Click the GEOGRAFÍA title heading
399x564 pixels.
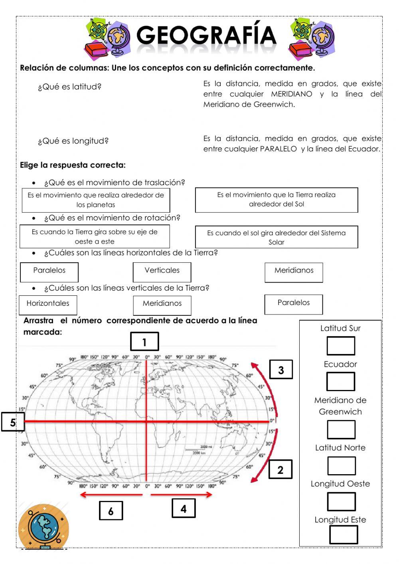206,36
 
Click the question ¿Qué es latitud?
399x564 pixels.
69,87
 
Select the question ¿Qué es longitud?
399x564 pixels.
73,141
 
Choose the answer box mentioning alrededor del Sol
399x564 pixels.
276,200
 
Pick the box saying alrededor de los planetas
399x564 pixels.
96,200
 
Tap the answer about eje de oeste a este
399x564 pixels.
95,236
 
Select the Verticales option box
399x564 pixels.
162,272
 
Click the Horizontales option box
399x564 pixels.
48,305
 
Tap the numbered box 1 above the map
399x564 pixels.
144,342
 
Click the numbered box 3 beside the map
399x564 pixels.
281,370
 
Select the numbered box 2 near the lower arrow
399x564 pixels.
280,469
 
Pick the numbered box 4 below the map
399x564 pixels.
184,508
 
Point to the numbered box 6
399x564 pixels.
111,511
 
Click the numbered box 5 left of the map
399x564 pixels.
13,422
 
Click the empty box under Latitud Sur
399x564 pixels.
341,346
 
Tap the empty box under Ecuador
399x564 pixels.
340,382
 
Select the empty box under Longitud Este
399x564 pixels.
344,535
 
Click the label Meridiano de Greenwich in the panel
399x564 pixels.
340,406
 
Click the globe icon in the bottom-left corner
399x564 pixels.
43,526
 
